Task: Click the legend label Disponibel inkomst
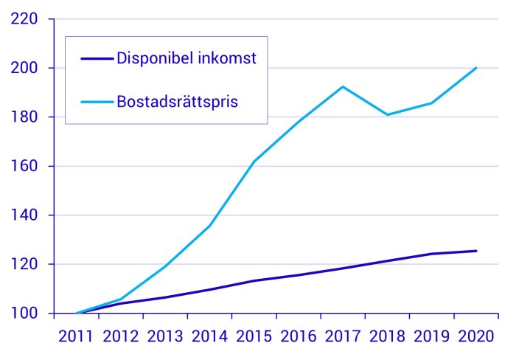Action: click(x=186, y=59)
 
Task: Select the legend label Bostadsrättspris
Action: click(x=177, y=101)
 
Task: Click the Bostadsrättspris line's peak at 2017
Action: click(x=343, y=86)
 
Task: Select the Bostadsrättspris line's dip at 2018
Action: click(x=387, y=115)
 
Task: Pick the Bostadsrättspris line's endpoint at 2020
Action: click(x=476, y=68)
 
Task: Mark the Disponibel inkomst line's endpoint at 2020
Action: click(x=476, y=251)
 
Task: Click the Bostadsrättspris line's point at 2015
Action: click(x=254, y=162)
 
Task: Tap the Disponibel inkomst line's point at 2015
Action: click(x=254, y=280)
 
